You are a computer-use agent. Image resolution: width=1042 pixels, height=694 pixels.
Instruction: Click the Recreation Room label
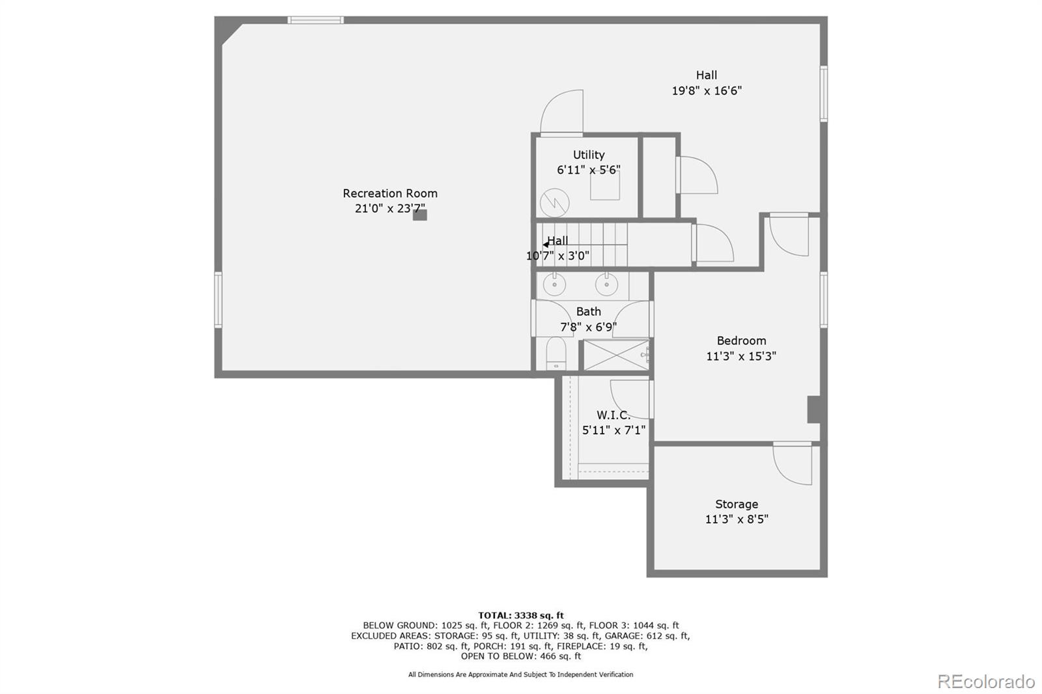pyautogui.click(x=390, y=193)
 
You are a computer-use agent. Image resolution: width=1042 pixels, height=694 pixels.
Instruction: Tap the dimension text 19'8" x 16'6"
pyautogui.click(x=707, y=91)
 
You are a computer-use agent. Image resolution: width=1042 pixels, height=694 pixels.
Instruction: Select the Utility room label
pyautogui.click(x=589, y=155)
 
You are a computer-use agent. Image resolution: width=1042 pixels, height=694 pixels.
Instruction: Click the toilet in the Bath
pyautogui.click(x=556, y=354)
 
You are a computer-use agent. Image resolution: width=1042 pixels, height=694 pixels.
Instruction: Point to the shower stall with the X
pyautogui.click(x=615, y=355)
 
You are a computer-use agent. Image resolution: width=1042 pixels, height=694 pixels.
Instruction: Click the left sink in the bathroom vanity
pyautogui.click(x=554, y=285)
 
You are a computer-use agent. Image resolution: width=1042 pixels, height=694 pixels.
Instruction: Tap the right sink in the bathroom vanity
pyautogui.click(x=606, y=285)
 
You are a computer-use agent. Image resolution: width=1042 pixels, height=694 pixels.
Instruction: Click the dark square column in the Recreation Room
pyautogui.click(x=420, y=215)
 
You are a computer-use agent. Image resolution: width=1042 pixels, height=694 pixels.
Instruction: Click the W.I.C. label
pyautogui.click(x=613, y=415)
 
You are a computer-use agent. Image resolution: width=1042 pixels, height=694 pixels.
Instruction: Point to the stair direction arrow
pyautogui.click(x=546, y=245)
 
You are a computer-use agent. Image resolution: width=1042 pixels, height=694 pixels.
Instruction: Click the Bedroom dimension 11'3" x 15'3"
pyautogui.click(x=741, y=356)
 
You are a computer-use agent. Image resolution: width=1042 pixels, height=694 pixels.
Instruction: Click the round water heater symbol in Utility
pyautogui.click(x=555, y=202)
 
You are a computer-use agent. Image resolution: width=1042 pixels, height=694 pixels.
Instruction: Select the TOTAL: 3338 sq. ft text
pyautogui.click(x=521, y=615)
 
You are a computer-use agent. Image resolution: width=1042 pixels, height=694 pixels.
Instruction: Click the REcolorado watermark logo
pyautogui.click(x=986, y=682)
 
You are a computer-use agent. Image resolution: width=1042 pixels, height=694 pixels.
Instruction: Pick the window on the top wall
pyautogui.click(x=316, y=20)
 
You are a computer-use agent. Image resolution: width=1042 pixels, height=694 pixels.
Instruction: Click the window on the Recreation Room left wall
pyautogui.click(x=218, y=299)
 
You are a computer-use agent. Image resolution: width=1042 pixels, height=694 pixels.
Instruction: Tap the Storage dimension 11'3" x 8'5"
pyautogui.click(x=737, y=520)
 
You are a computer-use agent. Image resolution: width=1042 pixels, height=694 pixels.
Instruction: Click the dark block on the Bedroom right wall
pyautogui.click(x=814, y=409)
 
